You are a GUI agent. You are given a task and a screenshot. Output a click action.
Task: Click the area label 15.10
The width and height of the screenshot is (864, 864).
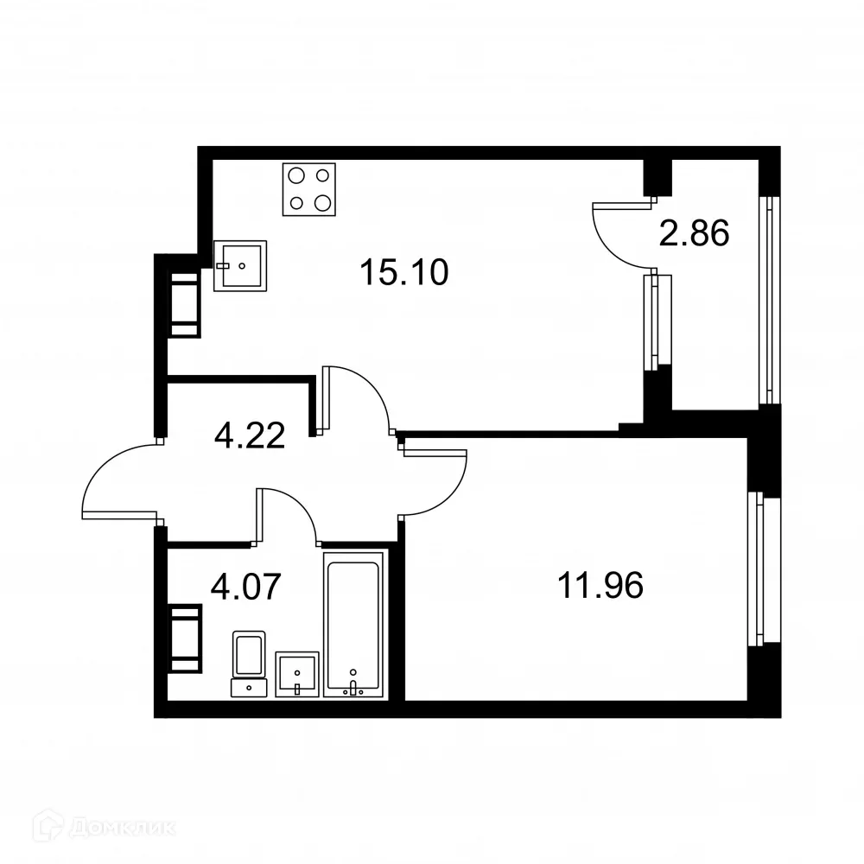point(404,274)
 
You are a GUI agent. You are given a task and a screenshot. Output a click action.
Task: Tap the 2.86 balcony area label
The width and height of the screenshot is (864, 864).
point(695,233)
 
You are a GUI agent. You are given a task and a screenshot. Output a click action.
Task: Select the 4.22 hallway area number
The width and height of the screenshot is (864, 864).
point(250,435)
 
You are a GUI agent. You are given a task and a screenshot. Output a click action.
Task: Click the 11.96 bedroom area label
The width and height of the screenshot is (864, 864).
point(600,587)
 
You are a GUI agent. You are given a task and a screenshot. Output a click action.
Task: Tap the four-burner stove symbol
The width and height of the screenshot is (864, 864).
point(309,189)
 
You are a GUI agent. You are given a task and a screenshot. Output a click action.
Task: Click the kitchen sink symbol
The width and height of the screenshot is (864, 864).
point(240,265)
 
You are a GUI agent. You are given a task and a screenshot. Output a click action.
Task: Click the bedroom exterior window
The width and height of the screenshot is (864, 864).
point(759,569)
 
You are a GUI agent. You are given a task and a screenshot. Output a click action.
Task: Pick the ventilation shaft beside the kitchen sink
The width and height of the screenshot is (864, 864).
point(184,304)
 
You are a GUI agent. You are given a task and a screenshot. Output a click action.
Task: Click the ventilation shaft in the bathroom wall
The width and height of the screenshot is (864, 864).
point(184,638)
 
